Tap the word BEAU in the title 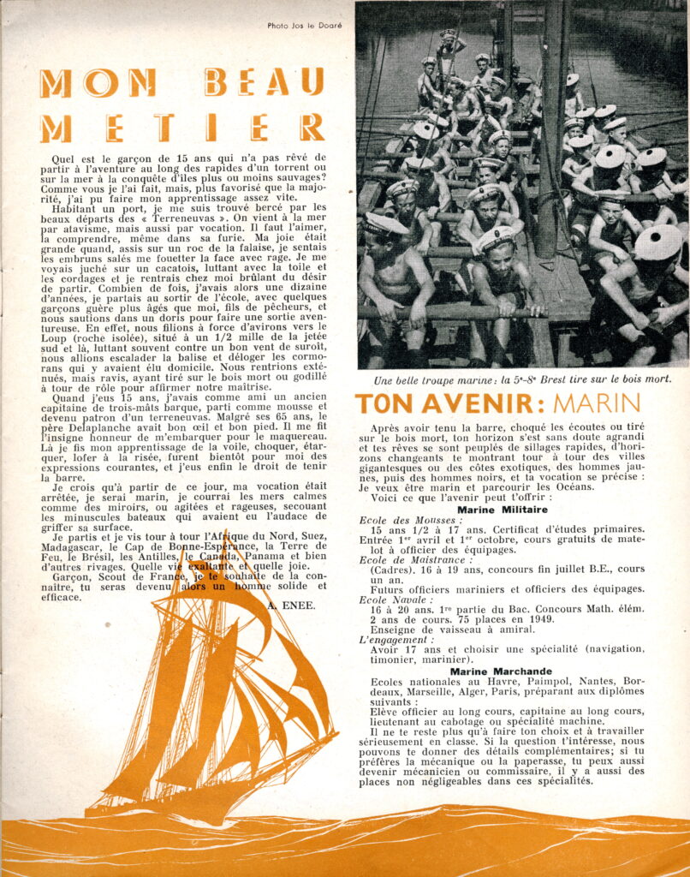[x=265, y=83]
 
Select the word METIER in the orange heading [x=181, y=127]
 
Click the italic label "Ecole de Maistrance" [x=416, y=559]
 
